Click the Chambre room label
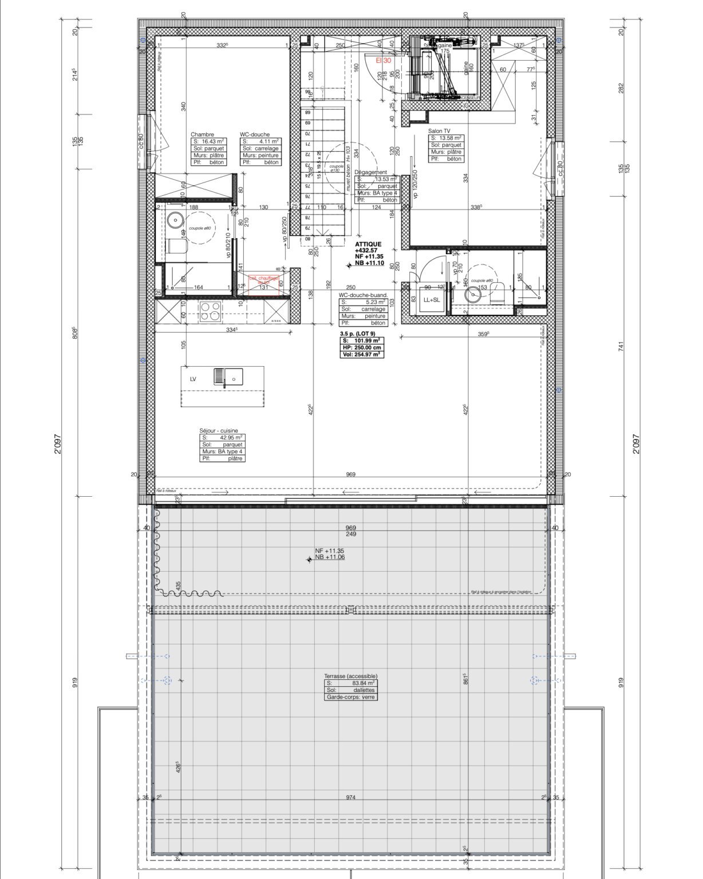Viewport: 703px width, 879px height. [x=202, y=134]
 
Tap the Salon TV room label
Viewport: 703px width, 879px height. [x=439, y=131]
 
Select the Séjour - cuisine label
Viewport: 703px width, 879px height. [x=218, y=431]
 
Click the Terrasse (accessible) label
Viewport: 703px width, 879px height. [x=350, y=676]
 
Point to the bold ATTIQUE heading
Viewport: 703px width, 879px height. [x=368, y=244]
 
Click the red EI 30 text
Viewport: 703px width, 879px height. [x=383, y=60]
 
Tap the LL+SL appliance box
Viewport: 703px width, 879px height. [x=431, y=300]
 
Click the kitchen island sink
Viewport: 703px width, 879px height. [x=228, y=377]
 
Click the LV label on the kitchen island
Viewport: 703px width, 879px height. [x=193, y=379]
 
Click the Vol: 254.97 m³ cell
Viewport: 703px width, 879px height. [x=362, y=355]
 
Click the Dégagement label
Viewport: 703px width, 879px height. [x=370, y=172]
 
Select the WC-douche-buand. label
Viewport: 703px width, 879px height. [x=364, y=295]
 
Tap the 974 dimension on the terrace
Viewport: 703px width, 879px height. [x=350, y=797]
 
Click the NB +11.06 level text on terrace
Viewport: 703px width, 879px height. [x=330, y=556]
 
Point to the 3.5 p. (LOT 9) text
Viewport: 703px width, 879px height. [x=357, y=333]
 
